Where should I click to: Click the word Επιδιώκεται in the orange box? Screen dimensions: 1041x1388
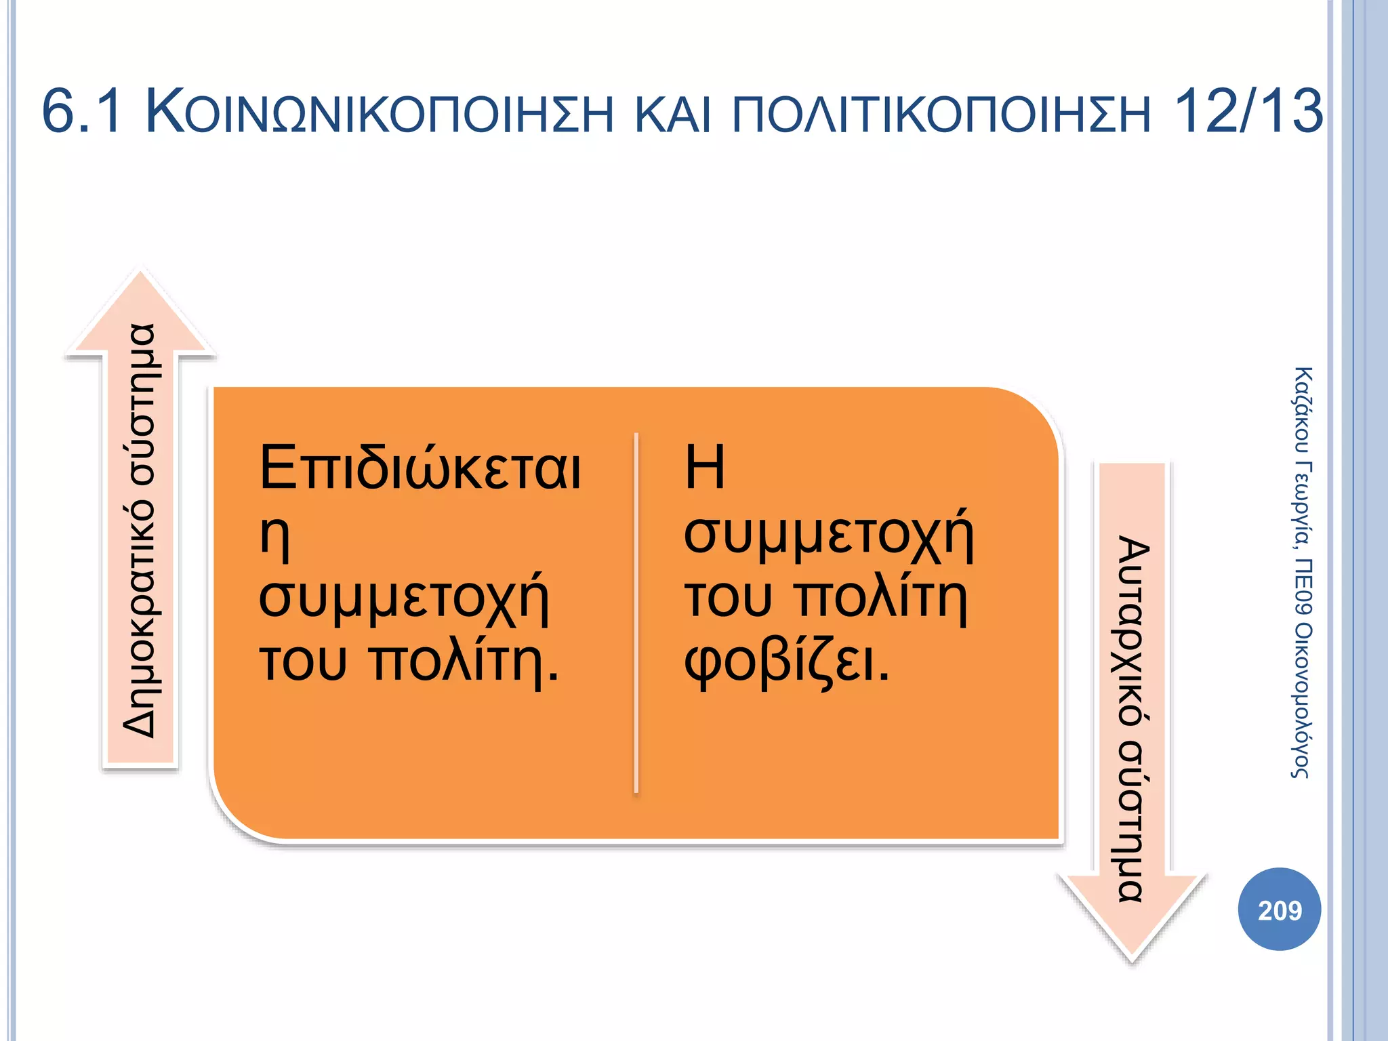420,467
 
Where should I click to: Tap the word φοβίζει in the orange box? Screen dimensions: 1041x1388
786,661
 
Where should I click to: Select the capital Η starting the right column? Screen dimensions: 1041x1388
705,467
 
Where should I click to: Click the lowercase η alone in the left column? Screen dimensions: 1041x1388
275,535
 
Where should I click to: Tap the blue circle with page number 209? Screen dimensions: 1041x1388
1280,910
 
